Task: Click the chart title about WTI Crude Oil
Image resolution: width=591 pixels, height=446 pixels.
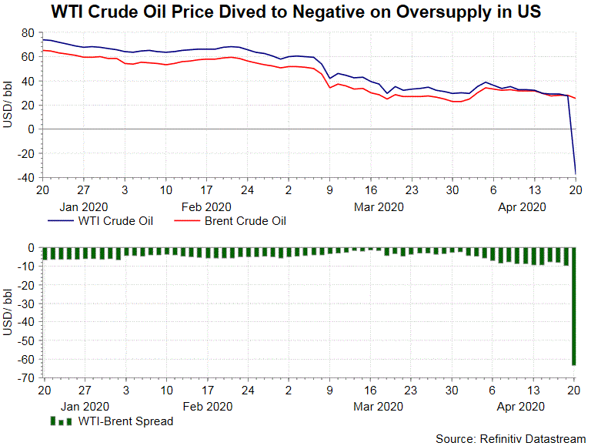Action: coord(295,12)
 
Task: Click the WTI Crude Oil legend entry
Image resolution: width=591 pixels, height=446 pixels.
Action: coord(115,222)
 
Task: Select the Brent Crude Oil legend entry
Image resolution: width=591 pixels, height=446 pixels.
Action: coord(245,222)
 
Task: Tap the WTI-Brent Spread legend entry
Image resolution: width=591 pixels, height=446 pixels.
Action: coord(125,421)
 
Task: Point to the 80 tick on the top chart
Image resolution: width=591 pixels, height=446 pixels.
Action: coord(28,33)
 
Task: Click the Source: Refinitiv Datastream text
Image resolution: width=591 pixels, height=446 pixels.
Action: coord(510,438)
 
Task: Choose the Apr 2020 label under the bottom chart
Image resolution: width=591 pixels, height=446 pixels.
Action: coord(521,406)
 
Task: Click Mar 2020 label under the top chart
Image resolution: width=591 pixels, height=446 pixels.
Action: coord(378,206)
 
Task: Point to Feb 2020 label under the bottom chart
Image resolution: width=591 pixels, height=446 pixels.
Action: coord(205,406)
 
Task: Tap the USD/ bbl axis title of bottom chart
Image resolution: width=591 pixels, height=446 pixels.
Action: coord(8,312)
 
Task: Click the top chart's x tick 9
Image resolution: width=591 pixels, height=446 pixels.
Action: coord(329,189)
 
